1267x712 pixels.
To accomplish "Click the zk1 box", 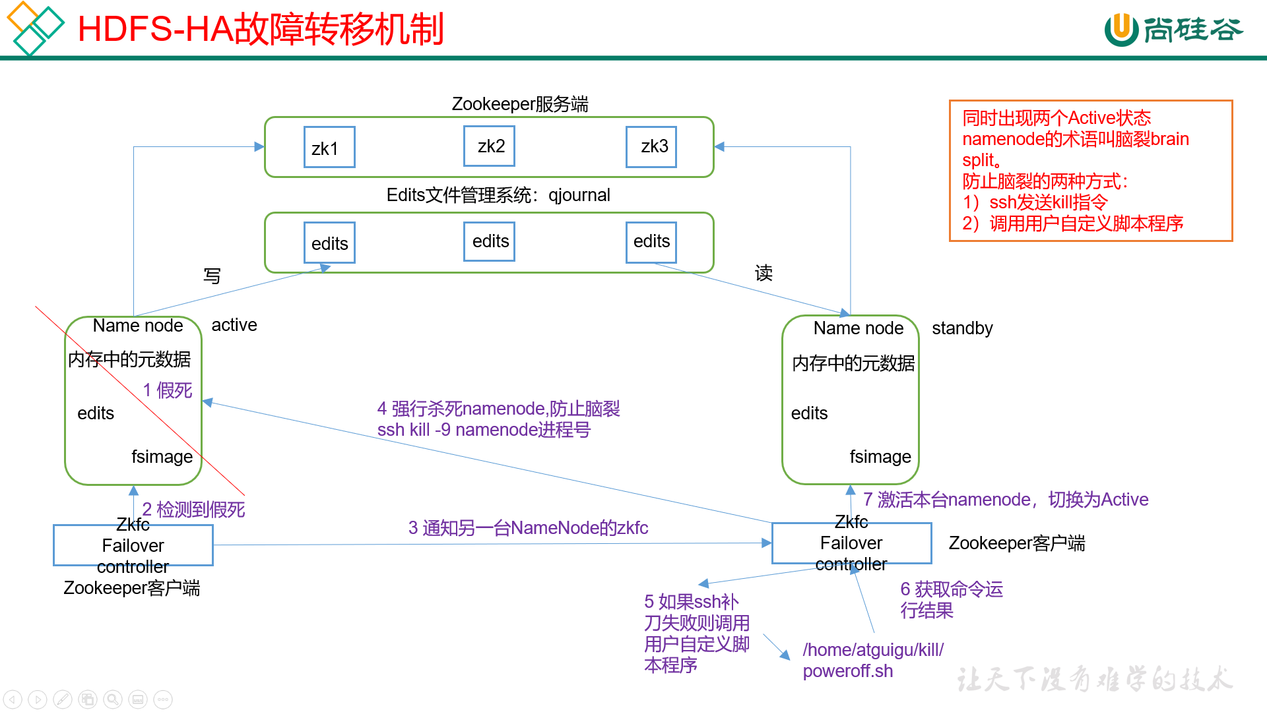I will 329,148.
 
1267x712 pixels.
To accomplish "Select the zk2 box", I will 489,146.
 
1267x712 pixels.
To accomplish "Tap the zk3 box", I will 651,146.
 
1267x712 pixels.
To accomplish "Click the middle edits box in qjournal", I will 489,241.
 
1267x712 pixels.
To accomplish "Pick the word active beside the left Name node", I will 234,325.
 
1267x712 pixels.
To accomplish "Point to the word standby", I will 962,328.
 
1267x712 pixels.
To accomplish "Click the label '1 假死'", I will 168,390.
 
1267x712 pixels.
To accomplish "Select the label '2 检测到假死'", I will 193,509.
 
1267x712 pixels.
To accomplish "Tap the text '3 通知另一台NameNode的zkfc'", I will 528,528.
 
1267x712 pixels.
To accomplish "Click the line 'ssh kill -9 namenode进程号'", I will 484,430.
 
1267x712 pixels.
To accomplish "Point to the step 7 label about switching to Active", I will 1006,500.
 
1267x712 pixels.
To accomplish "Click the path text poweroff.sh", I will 847,671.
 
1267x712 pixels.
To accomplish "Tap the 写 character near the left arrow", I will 212,276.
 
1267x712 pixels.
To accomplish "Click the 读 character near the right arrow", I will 763,273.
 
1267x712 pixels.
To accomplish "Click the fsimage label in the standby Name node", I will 880,457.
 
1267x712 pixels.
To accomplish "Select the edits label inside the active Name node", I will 96,413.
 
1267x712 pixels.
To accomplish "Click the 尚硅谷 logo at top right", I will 1173,30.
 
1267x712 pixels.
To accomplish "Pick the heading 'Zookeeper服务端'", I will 519,104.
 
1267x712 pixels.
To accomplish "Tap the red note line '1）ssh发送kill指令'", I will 1034,202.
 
